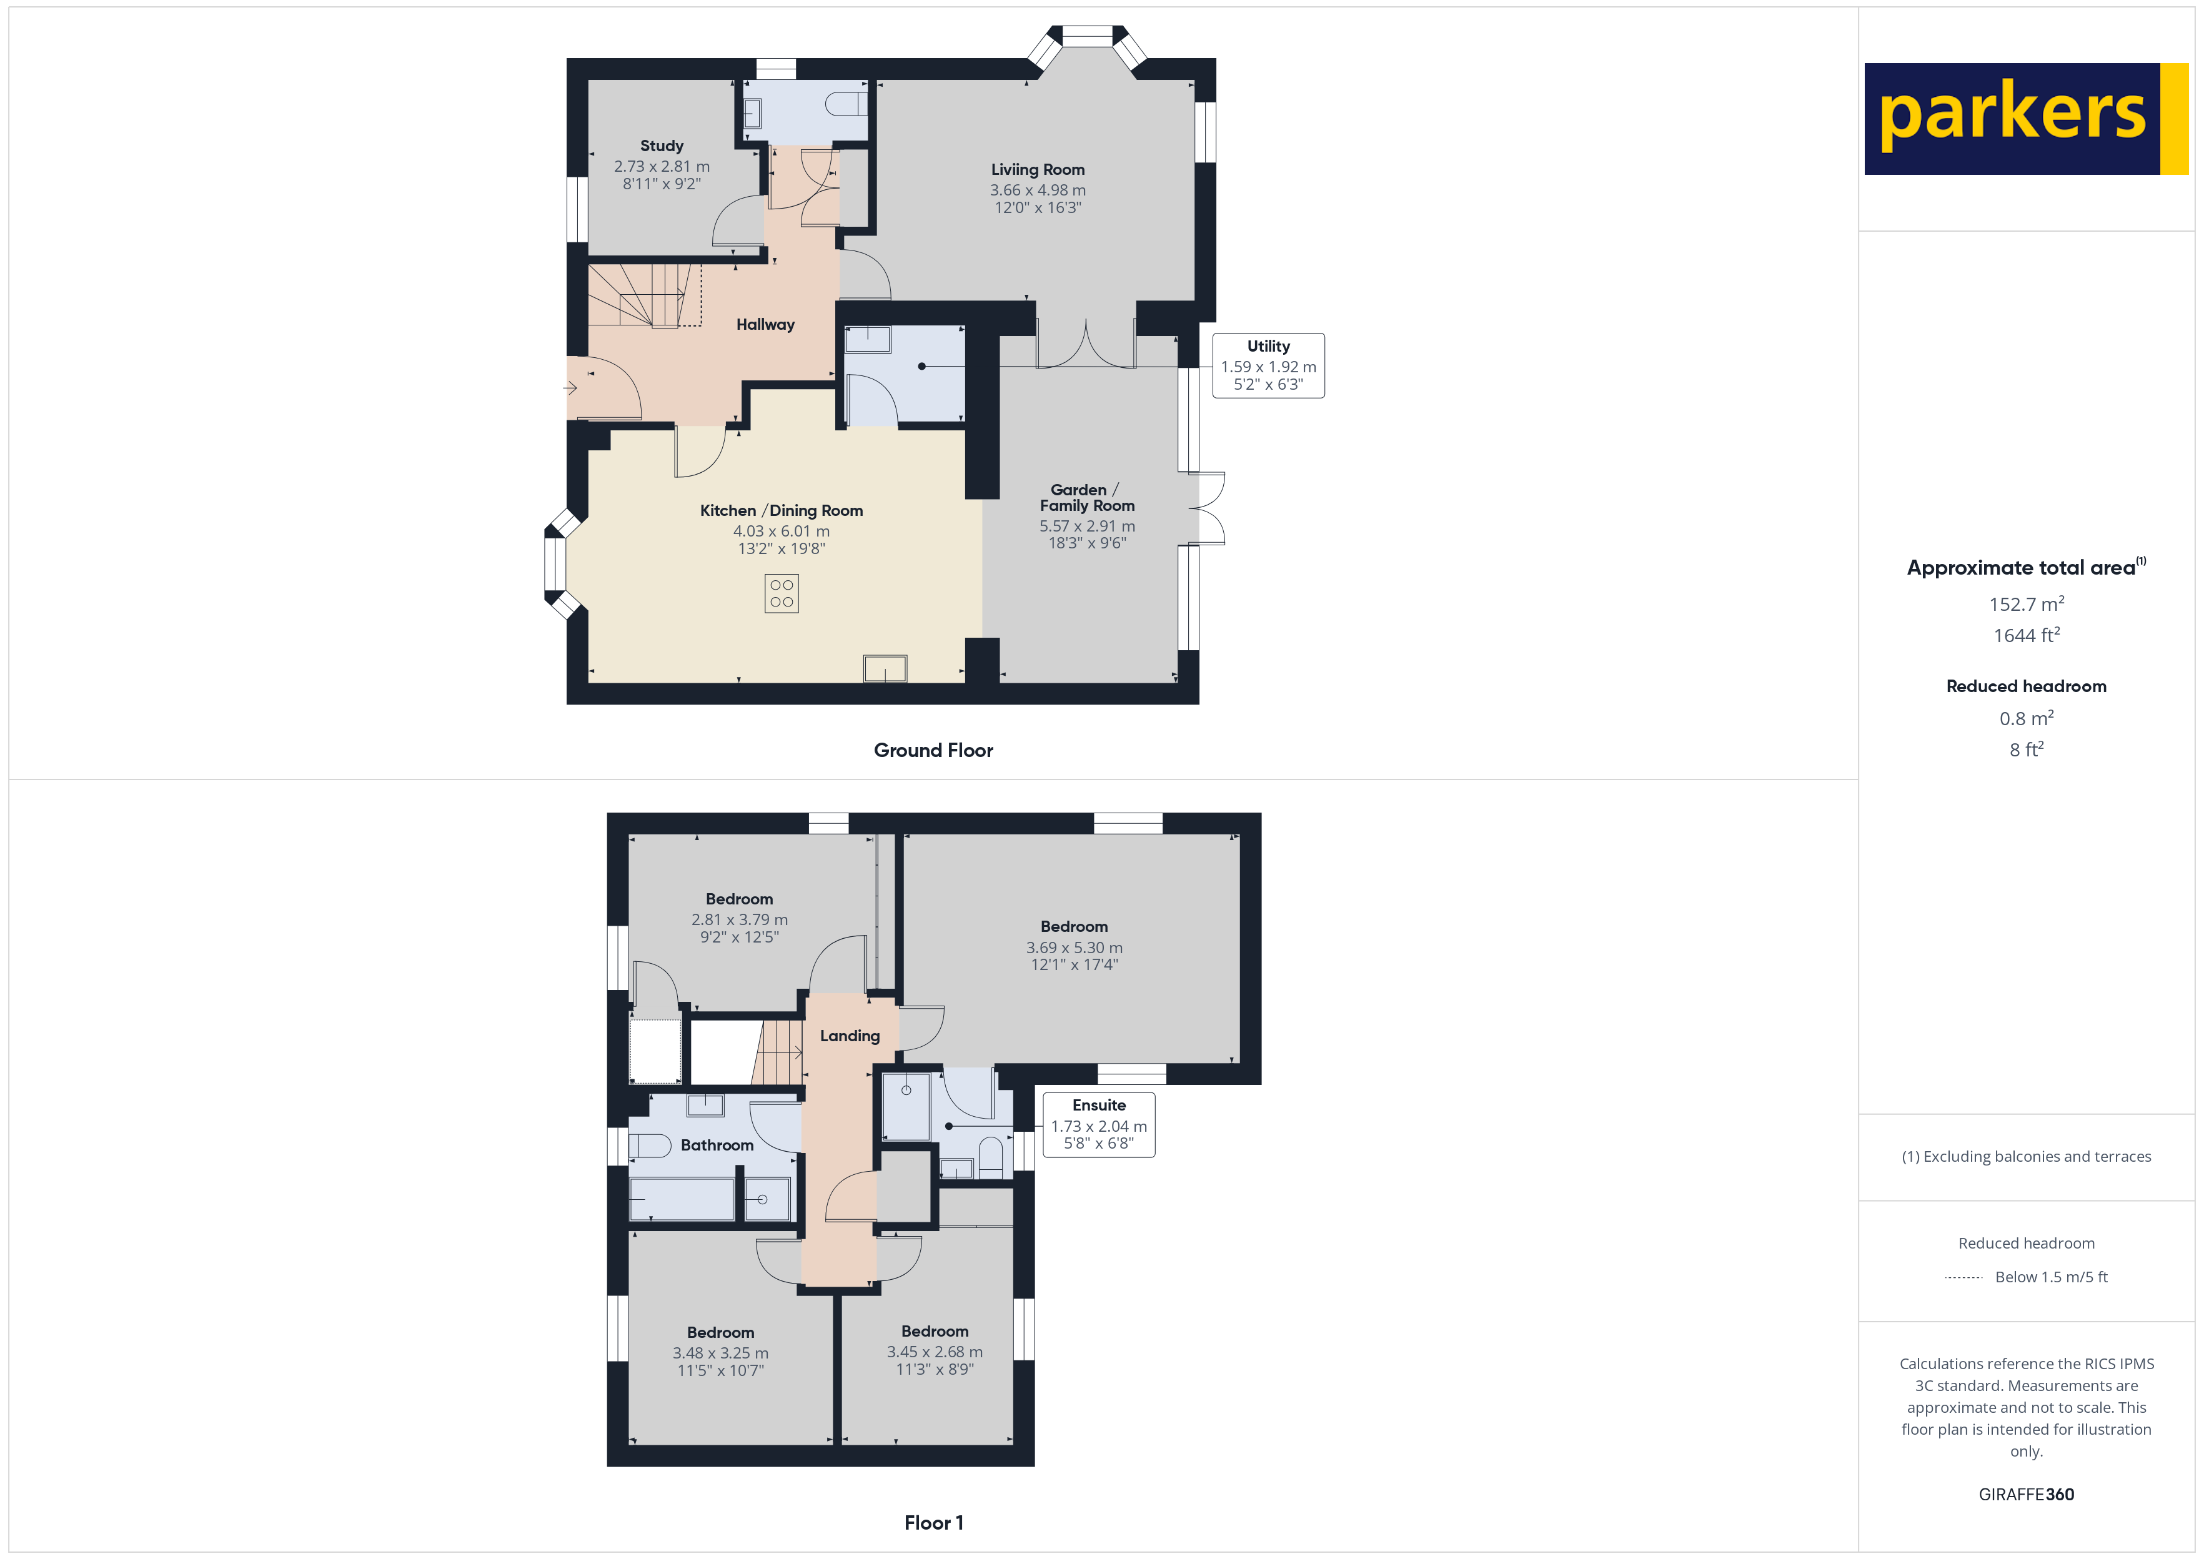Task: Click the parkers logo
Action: pyautogui.click(x=2025, y=119)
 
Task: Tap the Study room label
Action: pyautogui.click(x=662, y=146)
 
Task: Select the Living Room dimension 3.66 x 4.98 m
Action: pyautogui.click(x=1038, y=190)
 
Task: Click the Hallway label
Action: pyautogui.click(x=765, y=324)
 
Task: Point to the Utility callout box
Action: pyautogui.click(x=1268, y=366)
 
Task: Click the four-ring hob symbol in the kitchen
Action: pyautogui.click(x=782, y=593)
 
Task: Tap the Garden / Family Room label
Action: pyautogui.click(x=1086, y=497)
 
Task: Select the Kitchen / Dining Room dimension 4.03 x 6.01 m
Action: pyautogui.click(x=782, y=531)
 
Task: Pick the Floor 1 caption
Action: pyautogui.click(x=933, y=1523)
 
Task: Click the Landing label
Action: pyautogui.click(x=850, y=1036)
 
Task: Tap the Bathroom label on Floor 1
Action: pyautogui.click(x=717, y=1146)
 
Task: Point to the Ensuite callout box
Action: pyautogui.click(x=1098, y=1124)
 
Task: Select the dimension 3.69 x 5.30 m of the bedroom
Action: pyautogui.click(x=1074, y=948)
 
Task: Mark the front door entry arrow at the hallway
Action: pyautogui.click(x=570, y=389)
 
